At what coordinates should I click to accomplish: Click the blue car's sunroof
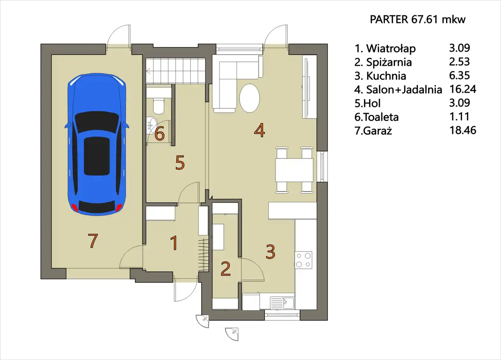pyautogui.click(x=97, y=156)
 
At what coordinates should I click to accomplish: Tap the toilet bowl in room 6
pyautogui.click(x=159, y=106)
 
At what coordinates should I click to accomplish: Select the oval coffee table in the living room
pyautogui.click(x=249, y=98)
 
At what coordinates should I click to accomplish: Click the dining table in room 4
pyautogui.click(x=294, y=170)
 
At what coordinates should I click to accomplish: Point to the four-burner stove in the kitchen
pyautogui.click(x=303, y=260)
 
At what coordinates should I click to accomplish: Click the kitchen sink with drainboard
pyautogui.click(x=282, y=303)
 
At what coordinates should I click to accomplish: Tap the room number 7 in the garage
pyautogui.click(x=93, y=241)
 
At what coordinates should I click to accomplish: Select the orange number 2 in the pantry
pyautogui.click(x=225, y=269)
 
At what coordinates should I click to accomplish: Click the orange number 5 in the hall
pyautogui.click(x=180, y=162)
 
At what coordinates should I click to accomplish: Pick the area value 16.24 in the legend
pyautogui.click(x=463, y=89)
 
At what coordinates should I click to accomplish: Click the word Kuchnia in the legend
pyautogui.click(x=386, y=76)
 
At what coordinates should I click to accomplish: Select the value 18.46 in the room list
pyautogui.click(x=463, y=130)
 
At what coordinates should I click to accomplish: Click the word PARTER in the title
pyautogui.click(x=389, y=20)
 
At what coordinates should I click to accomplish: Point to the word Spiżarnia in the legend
pyautogui.click(x=389, y=62)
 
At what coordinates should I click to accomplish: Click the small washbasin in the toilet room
pyautogui.click(x=151, y=126)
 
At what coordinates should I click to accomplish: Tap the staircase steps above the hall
pyautogui.click(x=176, y=71)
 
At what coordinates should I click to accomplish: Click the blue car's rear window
pyautogui.click(x=97, y=206)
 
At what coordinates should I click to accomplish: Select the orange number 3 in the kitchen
pyautogui.click(x=270, y=252)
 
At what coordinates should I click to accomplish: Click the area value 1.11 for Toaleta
pyautogui.click(x=460, y=117)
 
